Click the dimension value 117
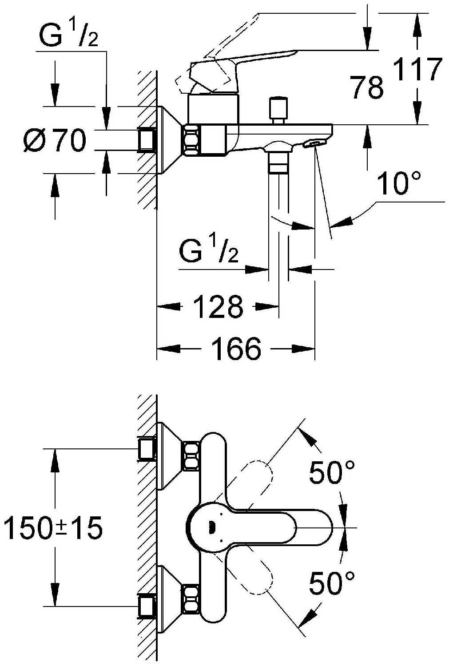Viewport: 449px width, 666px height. pos(418,69)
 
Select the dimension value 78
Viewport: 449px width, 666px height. pos(367,87)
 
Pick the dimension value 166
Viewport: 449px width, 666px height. pos(236,349)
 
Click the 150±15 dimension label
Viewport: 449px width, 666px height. pos(53,528)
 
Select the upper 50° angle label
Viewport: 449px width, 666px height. pos(332,472)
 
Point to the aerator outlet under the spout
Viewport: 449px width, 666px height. pos(313,143)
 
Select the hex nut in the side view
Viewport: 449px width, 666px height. pos(192,140)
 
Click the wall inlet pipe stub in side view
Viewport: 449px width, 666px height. pos(147,140)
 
